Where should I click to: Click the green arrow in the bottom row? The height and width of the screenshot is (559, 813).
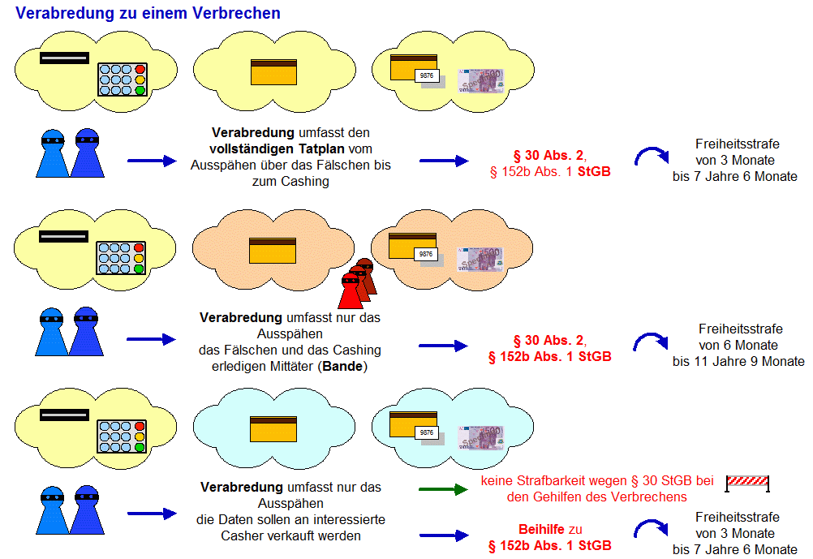[443, 489]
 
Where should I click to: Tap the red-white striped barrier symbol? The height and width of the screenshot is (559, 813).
[747, 483]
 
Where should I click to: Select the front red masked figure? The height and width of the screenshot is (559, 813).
[351, 291]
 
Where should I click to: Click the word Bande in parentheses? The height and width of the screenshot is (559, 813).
[342, 366]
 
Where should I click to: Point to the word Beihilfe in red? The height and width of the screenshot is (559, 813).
[542, 529]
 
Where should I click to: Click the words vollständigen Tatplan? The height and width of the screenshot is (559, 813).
[277, 148]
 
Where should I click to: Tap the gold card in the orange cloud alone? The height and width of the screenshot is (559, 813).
[273, 251]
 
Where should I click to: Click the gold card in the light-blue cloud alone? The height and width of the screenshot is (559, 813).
[273, 429]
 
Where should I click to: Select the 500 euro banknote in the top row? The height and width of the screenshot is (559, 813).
[480, 81]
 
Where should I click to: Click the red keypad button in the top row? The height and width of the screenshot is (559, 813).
[140, 70]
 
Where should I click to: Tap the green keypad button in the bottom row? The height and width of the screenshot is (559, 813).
[140, 447]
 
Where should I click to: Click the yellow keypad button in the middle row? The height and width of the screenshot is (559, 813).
[139, 258]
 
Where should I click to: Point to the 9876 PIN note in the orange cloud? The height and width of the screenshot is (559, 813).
[426, 254]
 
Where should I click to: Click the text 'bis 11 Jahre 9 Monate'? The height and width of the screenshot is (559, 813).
[738, 361]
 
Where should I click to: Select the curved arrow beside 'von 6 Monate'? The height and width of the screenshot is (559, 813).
[650, 342]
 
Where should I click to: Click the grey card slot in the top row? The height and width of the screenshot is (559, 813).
[64, 58]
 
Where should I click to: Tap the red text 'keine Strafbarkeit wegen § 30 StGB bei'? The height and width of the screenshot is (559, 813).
[597, 480]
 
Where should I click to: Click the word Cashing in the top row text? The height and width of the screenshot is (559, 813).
[305, 181]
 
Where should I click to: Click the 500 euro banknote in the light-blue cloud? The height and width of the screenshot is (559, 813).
[480, 438]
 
